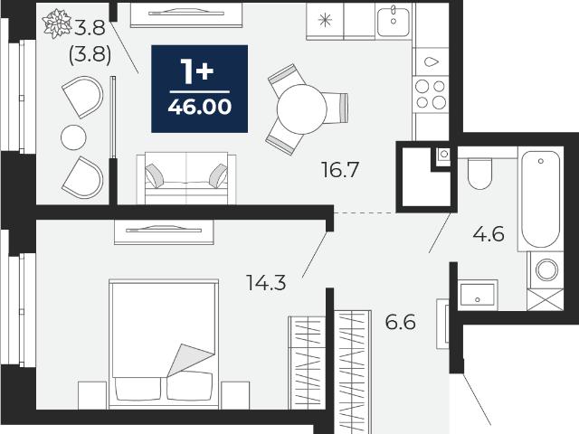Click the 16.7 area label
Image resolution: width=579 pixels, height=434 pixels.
coord(340,170)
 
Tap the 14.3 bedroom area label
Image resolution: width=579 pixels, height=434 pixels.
coord(266,283)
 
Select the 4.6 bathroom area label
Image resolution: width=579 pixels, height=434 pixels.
coord(489,233)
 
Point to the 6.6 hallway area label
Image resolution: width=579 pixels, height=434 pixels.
coord(400,322)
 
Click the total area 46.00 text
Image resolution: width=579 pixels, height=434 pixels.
coord(200,107)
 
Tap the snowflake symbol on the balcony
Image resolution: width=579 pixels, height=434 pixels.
coord(57,24)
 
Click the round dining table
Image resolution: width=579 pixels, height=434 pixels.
coord(301,108)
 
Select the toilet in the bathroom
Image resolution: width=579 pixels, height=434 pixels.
coord(479,174)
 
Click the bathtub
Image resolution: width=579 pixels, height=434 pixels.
coord(541,199)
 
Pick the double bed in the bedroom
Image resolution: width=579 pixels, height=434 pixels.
coord(164,344)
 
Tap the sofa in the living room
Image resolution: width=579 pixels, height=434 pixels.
coord(186,178)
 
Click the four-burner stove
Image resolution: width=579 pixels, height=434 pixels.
coord(431,95)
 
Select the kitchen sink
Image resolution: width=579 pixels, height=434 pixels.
coord(394,21)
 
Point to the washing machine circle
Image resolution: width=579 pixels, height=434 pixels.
coord(546,269)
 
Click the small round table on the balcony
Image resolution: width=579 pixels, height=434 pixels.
coord(73,137)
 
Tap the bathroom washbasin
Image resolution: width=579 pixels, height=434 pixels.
coord(478,295)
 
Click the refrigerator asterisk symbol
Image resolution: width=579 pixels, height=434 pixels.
coord(325,20)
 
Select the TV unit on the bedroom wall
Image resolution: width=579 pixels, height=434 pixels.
coord(164,232)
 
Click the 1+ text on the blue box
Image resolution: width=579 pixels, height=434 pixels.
coord(197,72)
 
